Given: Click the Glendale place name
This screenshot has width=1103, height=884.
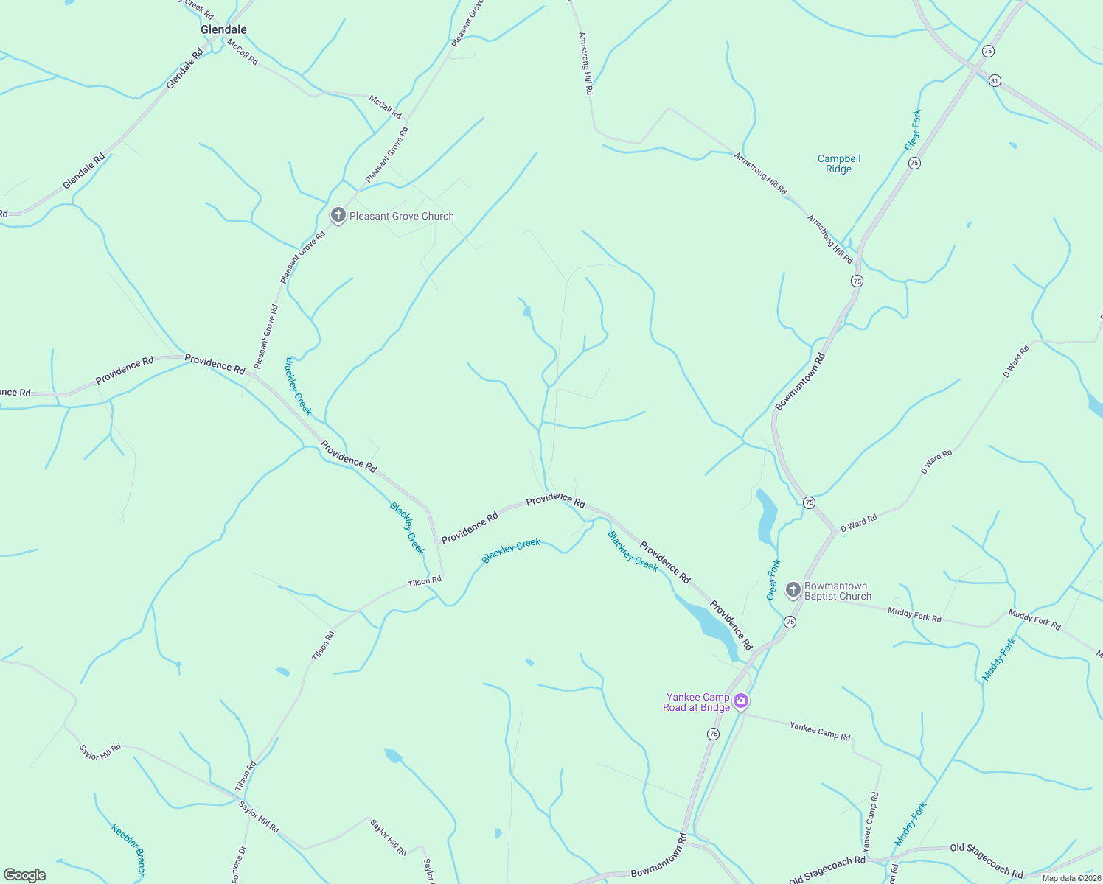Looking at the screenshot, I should pos(223,29).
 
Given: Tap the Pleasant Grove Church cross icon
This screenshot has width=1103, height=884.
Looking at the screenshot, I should pos(338,215).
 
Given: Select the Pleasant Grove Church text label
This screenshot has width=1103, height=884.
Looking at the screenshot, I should pos(402,216).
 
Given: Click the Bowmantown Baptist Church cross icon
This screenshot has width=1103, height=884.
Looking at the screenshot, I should pos(793,590).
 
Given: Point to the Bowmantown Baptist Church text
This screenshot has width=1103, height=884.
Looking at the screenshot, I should pos(837,592).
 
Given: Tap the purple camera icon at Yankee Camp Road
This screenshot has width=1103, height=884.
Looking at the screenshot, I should pos(741,701).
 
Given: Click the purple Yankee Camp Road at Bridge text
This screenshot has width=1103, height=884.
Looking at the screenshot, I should pos(697,702).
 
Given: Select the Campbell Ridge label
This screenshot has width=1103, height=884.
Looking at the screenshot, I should pos(839,164).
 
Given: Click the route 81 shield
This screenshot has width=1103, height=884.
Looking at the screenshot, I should pos(995,80).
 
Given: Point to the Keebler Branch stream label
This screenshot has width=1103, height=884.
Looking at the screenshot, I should pos(129,850).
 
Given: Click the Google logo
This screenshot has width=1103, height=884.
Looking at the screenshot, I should pos(25,875).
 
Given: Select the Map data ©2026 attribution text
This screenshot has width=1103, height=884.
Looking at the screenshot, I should pos(1071,878).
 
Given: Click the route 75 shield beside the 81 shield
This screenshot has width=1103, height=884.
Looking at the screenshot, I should pos(988,51).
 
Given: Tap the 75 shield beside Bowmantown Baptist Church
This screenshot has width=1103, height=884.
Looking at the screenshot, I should pos(790,622).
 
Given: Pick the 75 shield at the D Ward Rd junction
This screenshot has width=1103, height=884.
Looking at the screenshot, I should pos(810,502).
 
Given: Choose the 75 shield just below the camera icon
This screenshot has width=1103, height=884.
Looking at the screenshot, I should pos(713,734).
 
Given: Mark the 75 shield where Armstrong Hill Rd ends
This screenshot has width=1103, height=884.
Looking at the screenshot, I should pos(857,281).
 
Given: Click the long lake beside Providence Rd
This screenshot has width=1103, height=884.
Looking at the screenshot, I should pos(708,623).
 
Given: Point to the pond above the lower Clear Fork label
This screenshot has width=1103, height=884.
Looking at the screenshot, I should pos(767,516).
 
